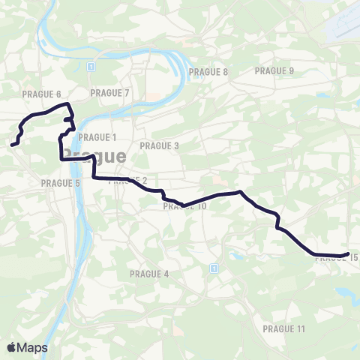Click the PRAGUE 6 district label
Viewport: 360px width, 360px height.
(x=42, y=94)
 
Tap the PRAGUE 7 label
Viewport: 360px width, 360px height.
(x=109, y=93)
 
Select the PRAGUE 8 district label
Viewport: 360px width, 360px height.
(x=208, y=72)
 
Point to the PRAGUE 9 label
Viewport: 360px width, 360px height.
(x=274, y=71)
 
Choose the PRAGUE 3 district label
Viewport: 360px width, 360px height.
(x=160, y=145)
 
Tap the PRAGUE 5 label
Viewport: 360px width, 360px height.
(x=61, y=182)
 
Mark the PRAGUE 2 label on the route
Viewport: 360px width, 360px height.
(x=128, y=181)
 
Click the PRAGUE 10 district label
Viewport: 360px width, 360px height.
(x=184, y=206)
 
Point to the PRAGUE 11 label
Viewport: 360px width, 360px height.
(x=284, y=329)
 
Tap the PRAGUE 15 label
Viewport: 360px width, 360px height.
(x=337, y=259)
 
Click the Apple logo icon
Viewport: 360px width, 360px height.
(x=13, y=347)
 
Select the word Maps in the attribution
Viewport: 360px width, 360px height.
(x=32, y=347)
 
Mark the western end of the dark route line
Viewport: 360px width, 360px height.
(x=13, y=144)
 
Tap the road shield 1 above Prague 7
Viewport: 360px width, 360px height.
(x=90, y=66)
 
